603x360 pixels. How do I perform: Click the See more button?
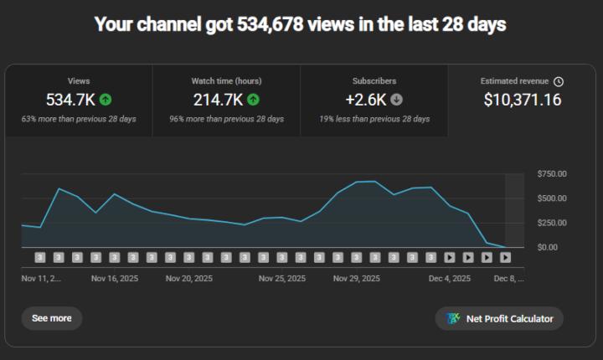[51, 318]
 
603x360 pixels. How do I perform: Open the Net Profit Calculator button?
[499, 319]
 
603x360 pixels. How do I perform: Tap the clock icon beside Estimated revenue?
[559, 81]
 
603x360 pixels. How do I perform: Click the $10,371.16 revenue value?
[522, 100]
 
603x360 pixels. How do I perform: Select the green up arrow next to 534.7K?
[106, 100]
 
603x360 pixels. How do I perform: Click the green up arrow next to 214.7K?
[253, 100]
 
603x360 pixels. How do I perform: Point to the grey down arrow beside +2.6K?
[396, 100]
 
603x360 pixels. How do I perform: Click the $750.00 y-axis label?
[551, 174]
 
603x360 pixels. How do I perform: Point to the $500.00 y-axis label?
[551, 198]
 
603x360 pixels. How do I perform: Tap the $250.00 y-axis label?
[551, 223]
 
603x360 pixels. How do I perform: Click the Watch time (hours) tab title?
[226, 81]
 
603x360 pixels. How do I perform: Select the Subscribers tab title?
[374, 81]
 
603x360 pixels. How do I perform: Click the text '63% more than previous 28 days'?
[79, 119]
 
